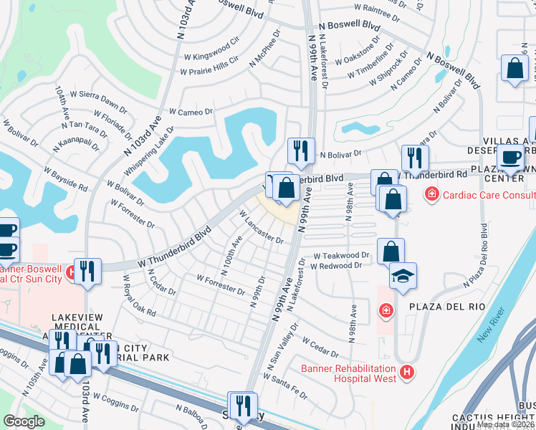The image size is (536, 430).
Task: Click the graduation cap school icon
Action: pyautogui.click(x=403, y=277)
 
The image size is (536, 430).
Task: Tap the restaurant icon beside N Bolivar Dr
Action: pyautogui.click(x=300, y=151)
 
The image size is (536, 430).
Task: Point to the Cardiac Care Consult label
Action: pyautogui.click(x=489, y=194)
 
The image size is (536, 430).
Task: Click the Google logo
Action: pyautogui.click(x=24, y=421)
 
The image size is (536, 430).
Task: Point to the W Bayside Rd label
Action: pyautogui.click(x=65, y=178)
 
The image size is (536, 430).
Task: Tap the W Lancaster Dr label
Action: pyautogui.click(x=261, y=226)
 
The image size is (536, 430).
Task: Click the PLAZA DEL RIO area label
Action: pyautogui.click(x=439, y=307)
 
